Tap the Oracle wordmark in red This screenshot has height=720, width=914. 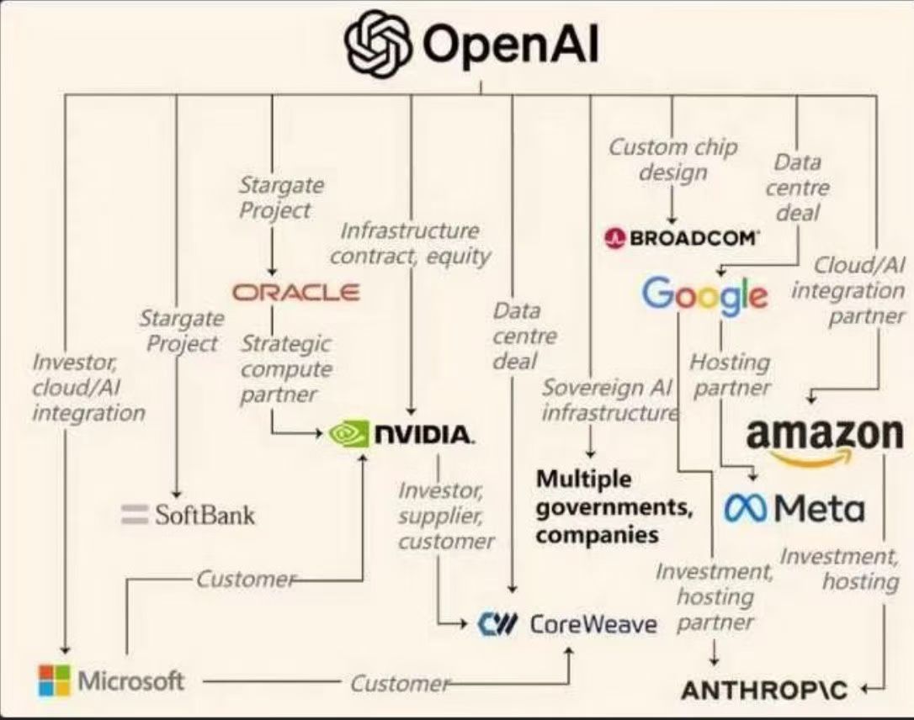(x=295, y=292)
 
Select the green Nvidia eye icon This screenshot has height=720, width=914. (x=348, y=434)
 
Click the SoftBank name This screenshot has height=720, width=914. (x=205, y=514)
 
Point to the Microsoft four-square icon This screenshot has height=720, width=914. (x=54, y=680)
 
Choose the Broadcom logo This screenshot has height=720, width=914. (x=682, y=238)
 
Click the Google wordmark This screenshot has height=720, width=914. (x=704, y=294)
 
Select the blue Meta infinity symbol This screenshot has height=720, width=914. (x=745, y=509)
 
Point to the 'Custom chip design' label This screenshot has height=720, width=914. (x=672, y=160)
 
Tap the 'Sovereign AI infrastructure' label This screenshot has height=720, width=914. (x=608, y=400)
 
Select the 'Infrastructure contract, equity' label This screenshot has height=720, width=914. (x=409, y=243)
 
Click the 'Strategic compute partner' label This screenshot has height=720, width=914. (x=285, y=368)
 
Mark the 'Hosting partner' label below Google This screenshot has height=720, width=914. (x=730, y=374)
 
